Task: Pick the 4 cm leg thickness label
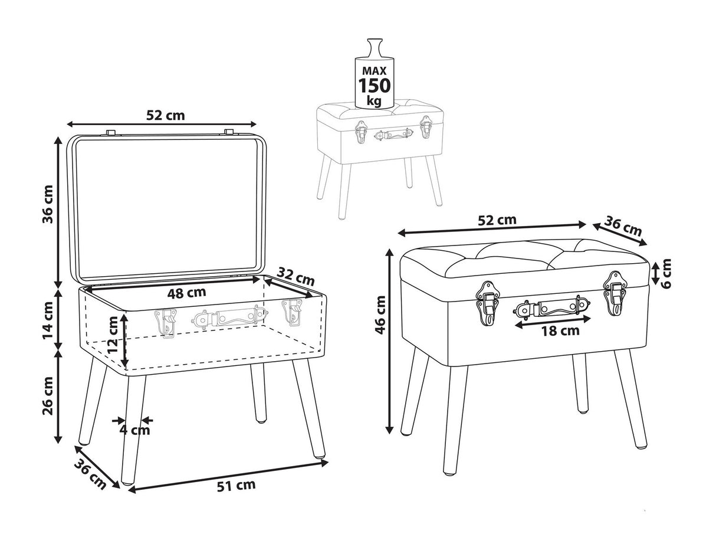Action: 135,430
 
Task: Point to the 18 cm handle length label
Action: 560,330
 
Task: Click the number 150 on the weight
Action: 375,86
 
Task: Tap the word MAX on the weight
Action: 374,70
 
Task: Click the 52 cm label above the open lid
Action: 165,115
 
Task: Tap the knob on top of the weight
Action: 374,46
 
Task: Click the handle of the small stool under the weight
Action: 394,135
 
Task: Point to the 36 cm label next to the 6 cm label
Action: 623,228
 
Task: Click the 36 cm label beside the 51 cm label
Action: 90,474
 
